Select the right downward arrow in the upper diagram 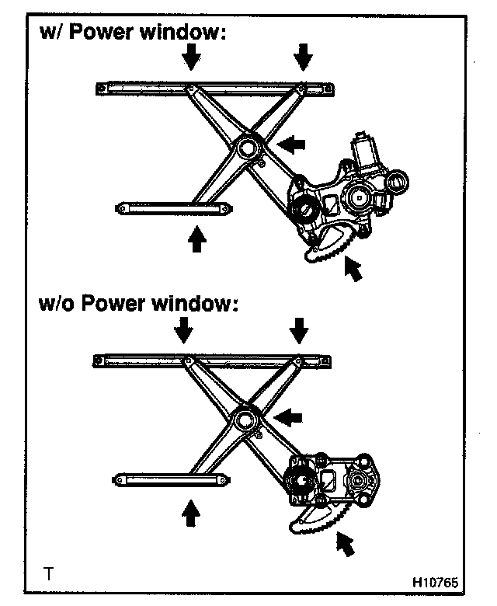point(304,56)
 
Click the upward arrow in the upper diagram point(198,238)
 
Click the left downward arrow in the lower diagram point(183,331)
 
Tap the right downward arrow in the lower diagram point(299,331)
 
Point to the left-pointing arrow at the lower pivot point(289,417)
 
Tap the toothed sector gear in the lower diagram point(317,520)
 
